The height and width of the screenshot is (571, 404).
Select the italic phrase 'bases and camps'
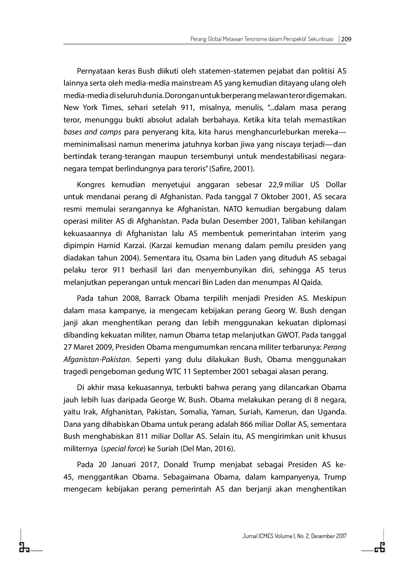pos(92,132)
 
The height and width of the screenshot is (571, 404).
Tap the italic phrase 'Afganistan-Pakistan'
pos(97,360)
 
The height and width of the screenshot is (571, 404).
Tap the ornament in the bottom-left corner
pos(24,548)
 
